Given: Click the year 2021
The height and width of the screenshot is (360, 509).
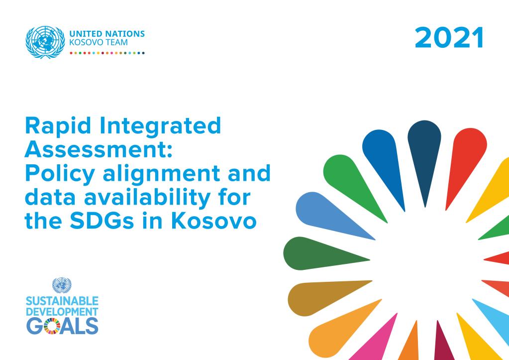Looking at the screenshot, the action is (x=449, y=38).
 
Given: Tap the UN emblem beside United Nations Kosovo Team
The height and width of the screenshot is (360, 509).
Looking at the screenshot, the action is (x=45, y=42).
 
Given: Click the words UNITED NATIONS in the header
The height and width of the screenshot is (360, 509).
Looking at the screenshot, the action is (x=107, y=34).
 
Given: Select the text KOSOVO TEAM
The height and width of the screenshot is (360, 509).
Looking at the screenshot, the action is (x=99, y=42).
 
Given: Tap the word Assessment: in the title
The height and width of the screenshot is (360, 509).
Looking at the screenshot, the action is (x=99, y=150).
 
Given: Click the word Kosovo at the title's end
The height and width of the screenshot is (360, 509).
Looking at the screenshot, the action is (x=214, y=221).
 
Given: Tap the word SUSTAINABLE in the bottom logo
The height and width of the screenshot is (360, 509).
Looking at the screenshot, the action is (x=62, y=301).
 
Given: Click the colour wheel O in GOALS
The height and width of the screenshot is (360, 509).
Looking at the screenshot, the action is (x=52, y=326).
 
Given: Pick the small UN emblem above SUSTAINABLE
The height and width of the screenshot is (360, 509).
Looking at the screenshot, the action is (x=62, y=285).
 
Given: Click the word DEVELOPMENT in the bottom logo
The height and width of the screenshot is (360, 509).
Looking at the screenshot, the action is (x=62, y=312).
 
